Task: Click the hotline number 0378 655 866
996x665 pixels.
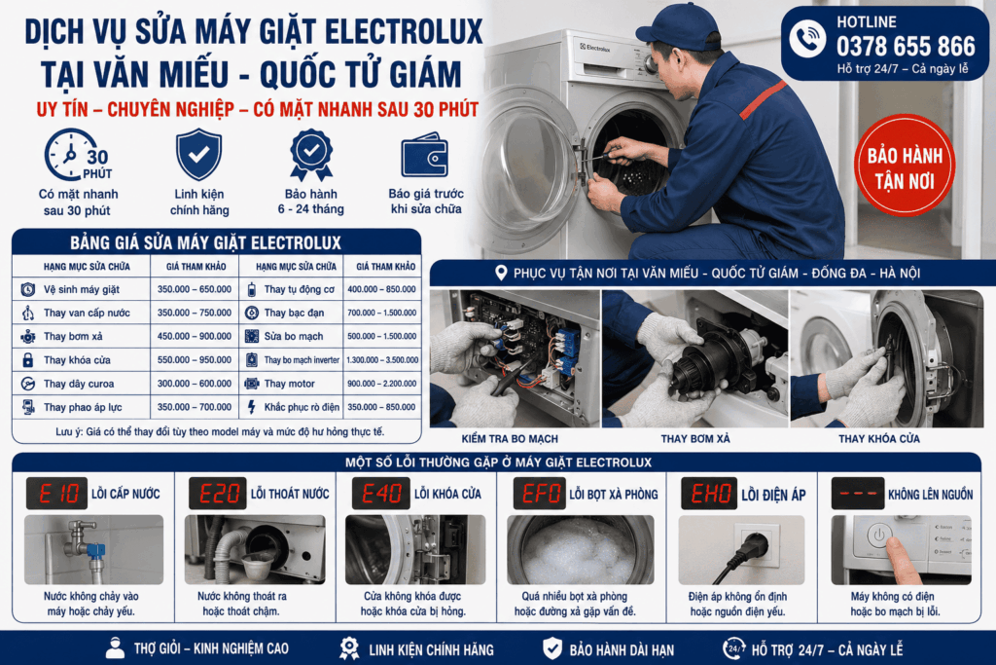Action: [x=906, y=47]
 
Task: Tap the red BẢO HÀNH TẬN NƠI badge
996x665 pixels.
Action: [x=905, y=166]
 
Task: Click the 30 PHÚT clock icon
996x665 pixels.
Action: [x=77, y=155]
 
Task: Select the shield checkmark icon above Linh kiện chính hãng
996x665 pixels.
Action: [x=198, y=155]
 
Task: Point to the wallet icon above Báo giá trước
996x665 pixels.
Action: [x=425, y=155]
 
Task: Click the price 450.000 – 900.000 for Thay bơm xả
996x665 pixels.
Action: [x=195, y=336]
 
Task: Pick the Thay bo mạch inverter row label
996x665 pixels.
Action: [x=302, y=360]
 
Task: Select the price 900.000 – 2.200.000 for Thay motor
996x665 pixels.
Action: [x=381, y=384]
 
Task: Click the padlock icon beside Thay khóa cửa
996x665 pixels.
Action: [x=28, y=360]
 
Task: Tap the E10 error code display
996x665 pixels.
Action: [x=56, y=494]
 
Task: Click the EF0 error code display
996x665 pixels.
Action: [x=539, y=494]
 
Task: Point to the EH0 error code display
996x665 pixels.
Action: [x=709, y=494]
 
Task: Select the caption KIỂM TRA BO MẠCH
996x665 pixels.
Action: [x=510, y=439]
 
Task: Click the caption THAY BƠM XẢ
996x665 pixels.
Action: [x=695, y=439]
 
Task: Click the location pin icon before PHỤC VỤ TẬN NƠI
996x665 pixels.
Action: [x=501, y=273]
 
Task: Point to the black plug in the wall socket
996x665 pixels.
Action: [x=754, y=545]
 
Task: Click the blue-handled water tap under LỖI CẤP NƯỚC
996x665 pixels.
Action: [x=84, y=542]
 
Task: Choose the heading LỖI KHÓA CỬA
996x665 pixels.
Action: [x=447, y=494]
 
